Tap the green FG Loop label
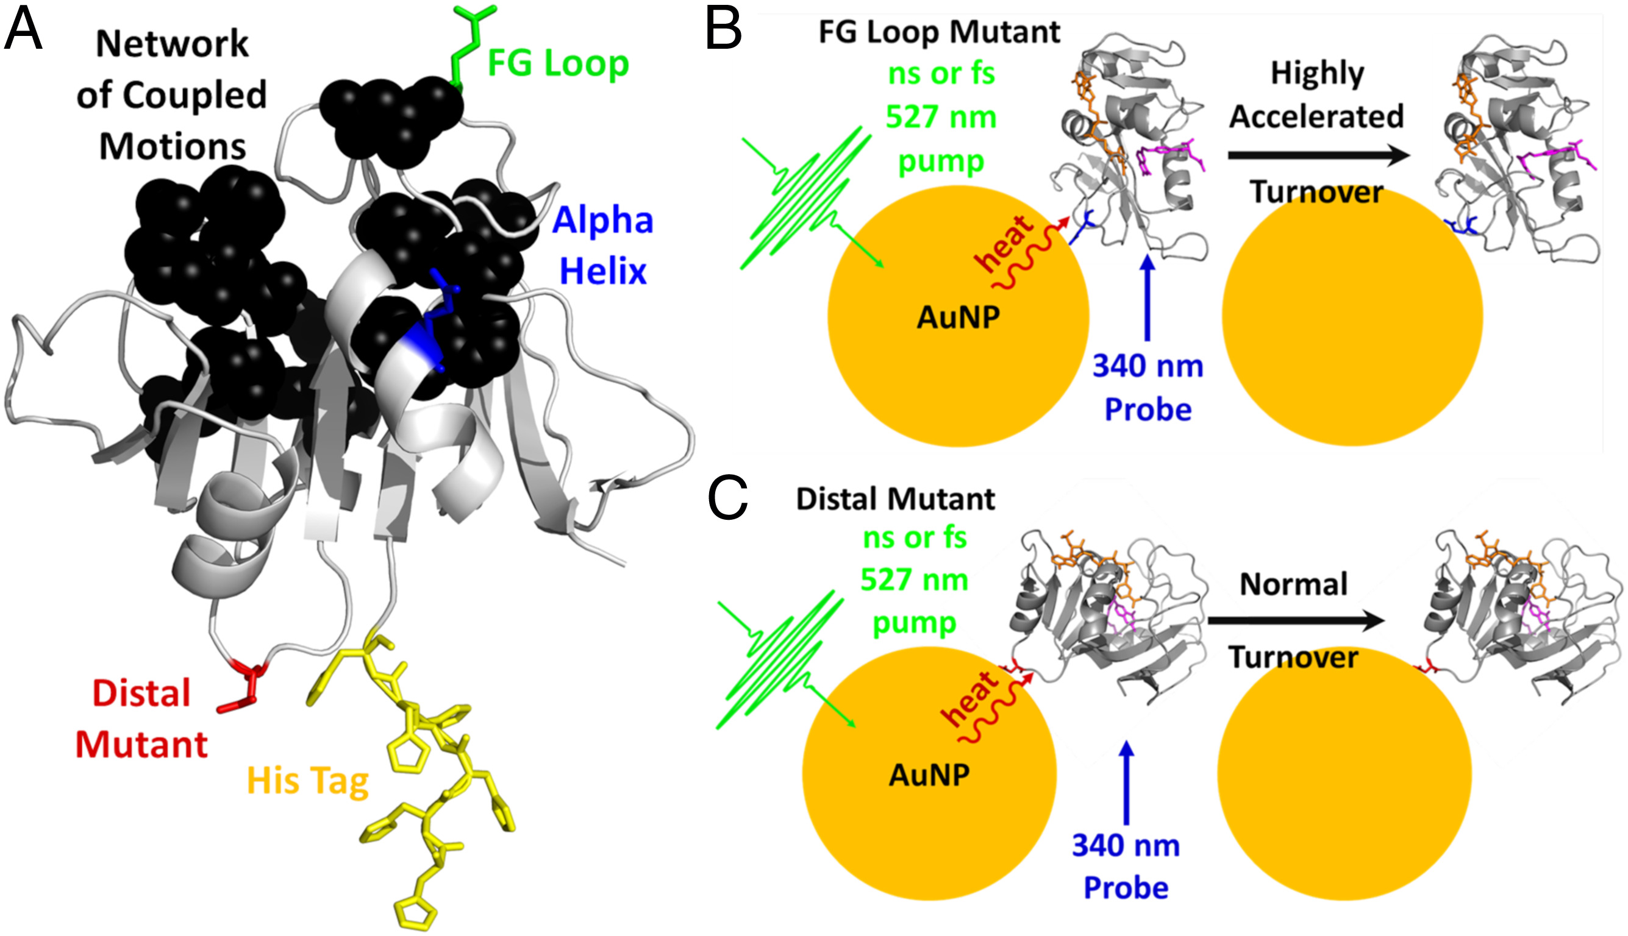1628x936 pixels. [x=558, y=63]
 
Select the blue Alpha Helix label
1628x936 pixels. [x=602, y=246]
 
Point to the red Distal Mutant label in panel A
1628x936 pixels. [x=141, y=718]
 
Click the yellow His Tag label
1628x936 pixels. [x=307, y=781]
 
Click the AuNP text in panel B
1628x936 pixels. [x=958, y=317]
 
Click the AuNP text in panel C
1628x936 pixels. [x=929, y=775]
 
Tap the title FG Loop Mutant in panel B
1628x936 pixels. [x=939, y=32]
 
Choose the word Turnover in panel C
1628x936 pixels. [x=1293, y=657]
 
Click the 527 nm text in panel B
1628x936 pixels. [x=941, y=117]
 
